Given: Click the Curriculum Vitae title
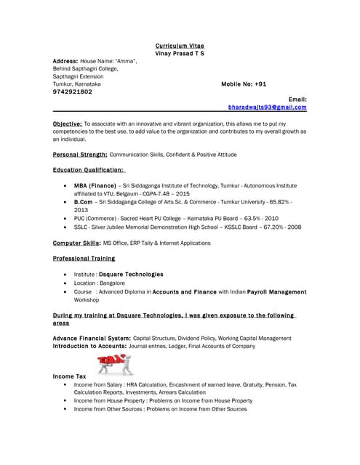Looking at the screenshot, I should (x=180, y=45).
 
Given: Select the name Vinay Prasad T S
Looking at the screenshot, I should (x=180, y=53).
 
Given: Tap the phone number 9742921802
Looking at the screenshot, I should (x=73, y=92).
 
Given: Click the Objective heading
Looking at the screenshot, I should (x=67, y=124).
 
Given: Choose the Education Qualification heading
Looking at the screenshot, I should (x=89, y=170).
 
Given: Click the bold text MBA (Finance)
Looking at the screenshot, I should (x=95, y=185).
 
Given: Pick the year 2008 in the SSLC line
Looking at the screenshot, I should (x=292, y=227).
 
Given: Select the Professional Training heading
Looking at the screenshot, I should (x=84, y=258).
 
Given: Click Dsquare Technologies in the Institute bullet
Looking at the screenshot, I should (x=131, y=275).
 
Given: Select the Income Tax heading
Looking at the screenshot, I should (x=70, y=376).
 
